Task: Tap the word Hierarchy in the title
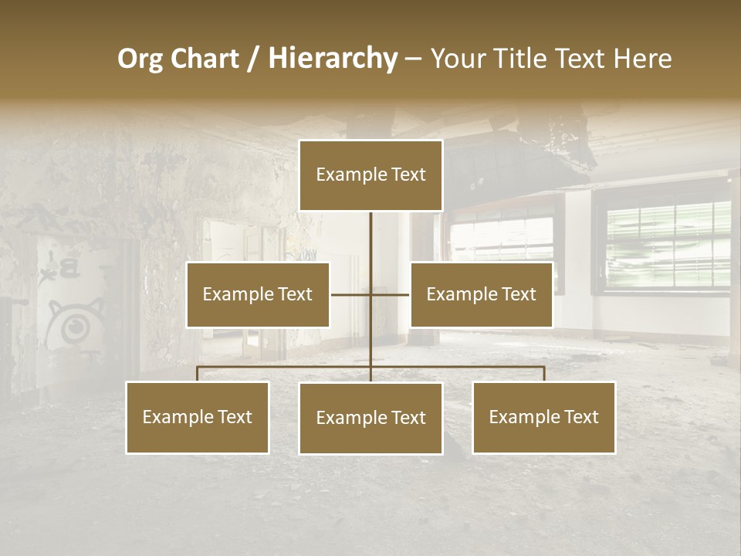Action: pos(332,59)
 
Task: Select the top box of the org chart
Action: pos(370,175)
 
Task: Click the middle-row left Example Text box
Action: pos(258,295)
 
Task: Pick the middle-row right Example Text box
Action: pos(481,295)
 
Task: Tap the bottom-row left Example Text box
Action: pos(198,418)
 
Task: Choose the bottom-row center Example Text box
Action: pos(370,419)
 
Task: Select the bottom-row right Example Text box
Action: pos(543,418)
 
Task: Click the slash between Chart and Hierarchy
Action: pos(253,59)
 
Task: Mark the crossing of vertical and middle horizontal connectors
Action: pos(370,294)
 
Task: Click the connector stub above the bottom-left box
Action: pos(198,374)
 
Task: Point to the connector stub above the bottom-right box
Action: pos(544,374)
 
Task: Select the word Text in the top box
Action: pos(408,175)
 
